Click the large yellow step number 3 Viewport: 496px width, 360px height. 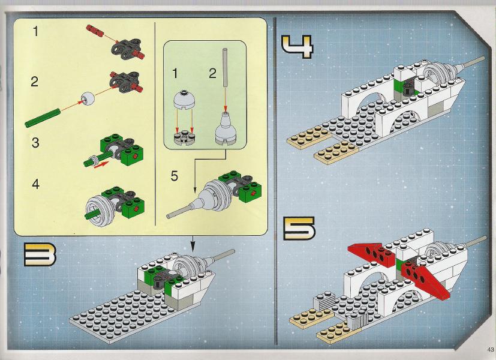[40, 254]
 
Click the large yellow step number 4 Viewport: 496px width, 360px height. [297, 47]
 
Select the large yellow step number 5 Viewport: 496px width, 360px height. [299, 229]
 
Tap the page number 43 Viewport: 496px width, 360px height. [491, 349]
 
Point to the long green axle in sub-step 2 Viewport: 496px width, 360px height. [43, 118]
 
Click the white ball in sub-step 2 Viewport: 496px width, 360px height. [88, 98]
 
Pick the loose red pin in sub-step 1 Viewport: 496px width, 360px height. [95, 31]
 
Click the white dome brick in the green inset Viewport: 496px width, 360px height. [184, 100]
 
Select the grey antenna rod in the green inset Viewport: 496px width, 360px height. [226, 67]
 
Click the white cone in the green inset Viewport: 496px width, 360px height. [226, 130]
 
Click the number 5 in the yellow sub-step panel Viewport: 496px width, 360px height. [175, 176]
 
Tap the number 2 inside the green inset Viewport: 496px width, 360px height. [212, 73]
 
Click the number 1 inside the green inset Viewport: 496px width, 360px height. [175, 73]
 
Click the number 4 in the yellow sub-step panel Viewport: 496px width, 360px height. [36, 184]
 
